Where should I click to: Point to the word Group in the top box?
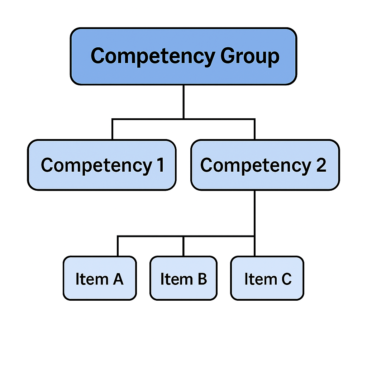(249, 56)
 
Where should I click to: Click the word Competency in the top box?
(153, 56)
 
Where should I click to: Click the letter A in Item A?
(118, 279)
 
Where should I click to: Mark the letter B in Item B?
(202, 279)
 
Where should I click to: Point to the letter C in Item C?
(286, 279)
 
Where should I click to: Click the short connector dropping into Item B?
(183, 246)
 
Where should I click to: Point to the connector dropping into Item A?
(118, 246)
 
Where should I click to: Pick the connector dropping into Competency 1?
(112, 129)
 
